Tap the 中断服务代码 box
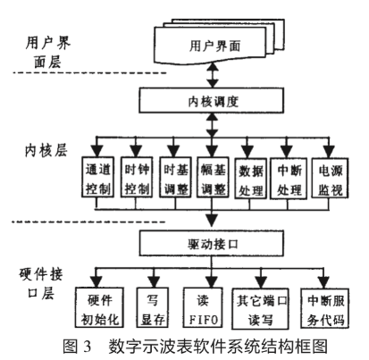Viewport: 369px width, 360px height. pyautogui.click(x=326, y=306)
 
